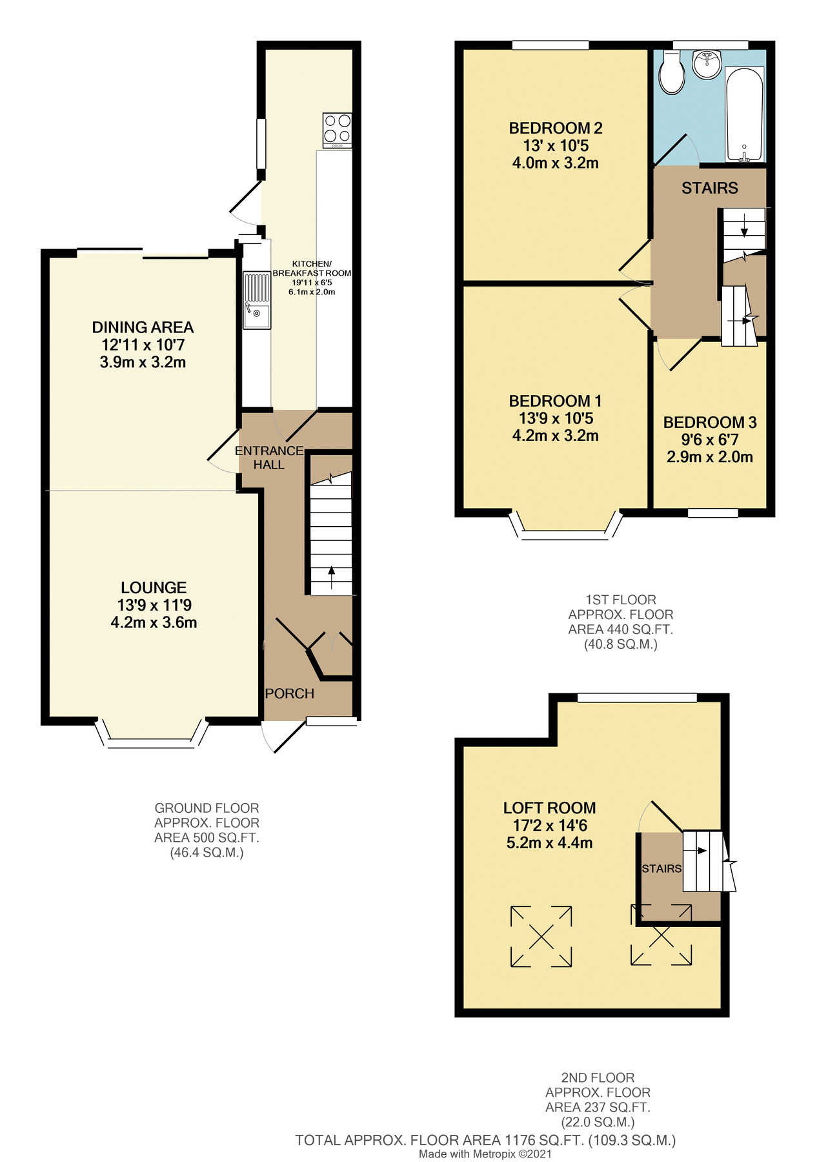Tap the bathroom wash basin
[x=707, y=64]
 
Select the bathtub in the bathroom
[x=745, y=114]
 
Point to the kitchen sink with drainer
[x=257, y=300]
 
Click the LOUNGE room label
[x=154, y=587]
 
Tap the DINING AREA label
[x=143, y=327]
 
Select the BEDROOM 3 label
[x=710, y=422]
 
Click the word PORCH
[x=290, y=693]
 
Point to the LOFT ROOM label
[x=549, y=808]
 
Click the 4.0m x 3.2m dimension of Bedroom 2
[x=555, y=163]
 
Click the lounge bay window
[x=152, y=742]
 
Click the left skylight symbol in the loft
[x=541, y=936]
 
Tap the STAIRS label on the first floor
[x=709, y=188]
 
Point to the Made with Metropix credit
[x=485, y=1154]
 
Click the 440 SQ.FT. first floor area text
[x=620, y=629]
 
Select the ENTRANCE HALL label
[x=269, y=458]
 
